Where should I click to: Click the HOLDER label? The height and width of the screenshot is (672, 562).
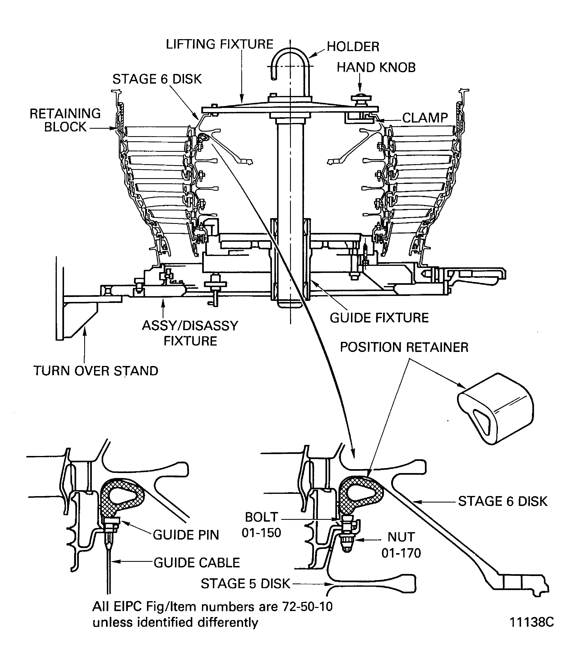(353, 47)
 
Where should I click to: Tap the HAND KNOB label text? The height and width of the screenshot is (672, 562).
(376, 68)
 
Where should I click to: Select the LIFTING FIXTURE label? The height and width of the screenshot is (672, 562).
(219, 44)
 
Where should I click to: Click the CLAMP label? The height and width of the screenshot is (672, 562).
(425, 118)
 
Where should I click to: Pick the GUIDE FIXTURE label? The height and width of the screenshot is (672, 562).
(379, 318)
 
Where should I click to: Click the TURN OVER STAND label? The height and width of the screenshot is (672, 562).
(96, 371)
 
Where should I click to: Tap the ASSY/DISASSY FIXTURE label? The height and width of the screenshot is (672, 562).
(190, 333)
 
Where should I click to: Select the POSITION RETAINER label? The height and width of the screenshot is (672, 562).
(404, 347)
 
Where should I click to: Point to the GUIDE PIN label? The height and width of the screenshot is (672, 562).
(186, 535)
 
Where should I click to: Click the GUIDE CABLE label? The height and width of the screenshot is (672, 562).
(197, 563)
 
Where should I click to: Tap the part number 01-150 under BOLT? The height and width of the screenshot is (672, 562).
(261, 533)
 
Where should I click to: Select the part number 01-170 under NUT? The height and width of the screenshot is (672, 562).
(401, 553)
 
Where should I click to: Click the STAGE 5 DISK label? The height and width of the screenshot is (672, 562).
(245, 584)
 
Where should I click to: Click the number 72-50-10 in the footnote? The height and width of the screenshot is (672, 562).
(307, 607)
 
